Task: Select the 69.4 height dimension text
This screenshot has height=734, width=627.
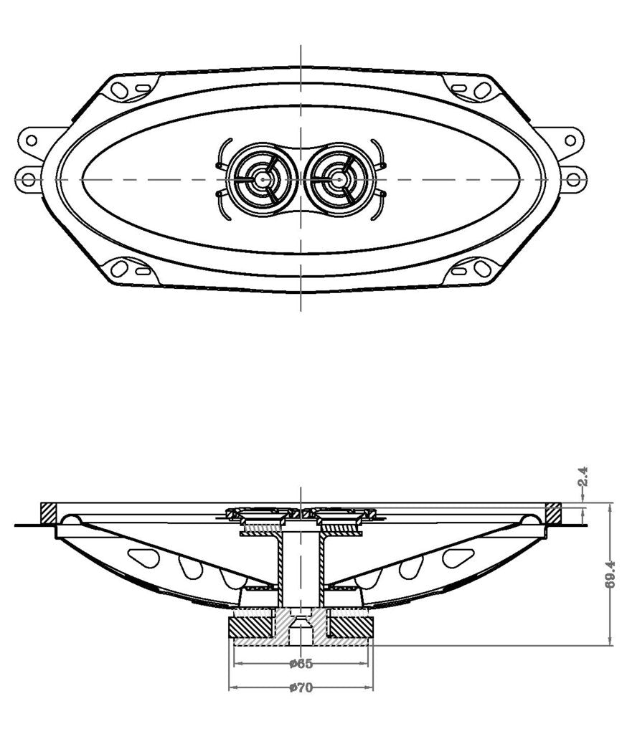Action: tap(610, 573)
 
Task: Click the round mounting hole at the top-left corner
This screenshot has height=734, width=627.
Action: tap(120, 90)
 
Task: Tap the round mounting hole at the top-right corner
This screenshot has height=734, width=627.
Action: tap(482, 90)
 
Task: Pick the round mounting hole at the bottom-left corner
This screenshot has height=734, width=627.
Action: tap(120, 269)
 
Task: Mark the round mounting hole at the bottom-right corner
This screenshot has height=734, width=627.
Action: tap(482, 269)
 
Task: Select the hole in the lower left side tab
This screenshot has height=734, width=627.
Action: tap(29, 178)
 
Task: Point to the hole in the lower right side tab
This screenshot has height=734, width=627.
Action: tap(572, 178)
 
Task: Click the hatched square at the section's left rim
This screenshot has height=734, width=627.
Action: tap(49, 513)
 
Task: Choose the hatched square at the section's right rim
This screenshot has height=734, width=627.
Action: tap(552, 513)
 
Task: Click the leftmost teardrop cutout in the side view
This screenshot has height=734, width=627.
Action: tap(143, 557)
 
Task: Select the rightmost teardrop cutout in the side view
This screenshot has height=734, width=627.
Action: tap(458, 557)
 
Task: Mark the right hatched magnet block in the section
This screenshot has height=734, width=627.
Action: tap(349, 625)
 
